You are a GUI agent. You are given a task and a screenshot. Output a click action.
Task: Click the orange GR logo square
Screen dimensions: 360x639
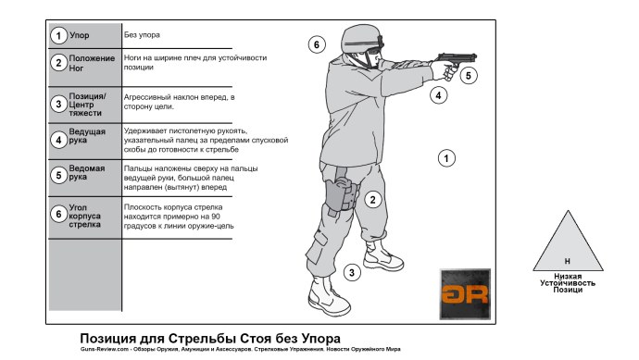coord(463,294)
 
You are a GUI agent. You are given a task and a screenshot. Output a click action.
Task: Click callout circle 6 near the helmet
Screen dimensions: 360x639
coord(316,43)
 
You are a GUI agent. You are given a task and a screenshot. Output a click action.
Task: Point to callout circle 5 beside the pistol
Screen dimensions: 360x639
coord(469,75)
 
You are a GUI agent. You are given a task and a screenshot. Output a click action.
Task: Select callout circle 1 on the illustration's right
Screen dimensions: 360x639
coord(446,159)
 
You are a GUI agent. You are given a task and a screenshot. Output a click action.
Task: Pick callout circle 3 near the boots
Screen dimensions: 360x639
coord(351,272)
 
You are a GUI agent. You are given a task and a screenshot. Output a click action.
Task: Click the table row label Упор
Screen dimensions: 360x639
coord(80,35)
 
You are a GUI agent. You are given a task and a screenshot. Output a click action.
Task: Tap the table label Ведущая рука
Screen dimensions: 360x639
coord(87,138)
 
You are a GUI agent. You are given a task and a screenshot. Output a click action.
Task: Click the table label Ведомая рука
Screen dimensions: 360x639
coord(87,173)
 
